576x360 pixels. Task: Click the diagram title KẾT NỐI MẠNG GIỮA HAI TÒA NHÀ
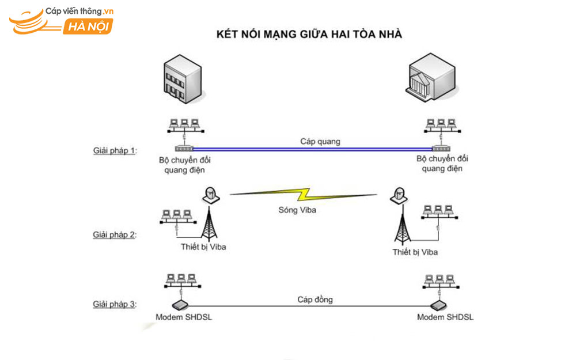309,35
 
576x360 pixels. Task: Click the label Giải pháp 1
115,150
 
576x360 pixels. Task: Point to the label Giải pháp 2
115,234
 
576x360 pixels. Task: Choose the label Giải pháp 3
115,304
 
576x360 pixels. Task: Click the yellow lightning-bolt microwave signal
305,195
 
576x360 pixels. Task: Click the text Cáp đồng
315,300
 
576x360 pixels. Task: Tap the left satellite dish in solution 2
211,195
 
